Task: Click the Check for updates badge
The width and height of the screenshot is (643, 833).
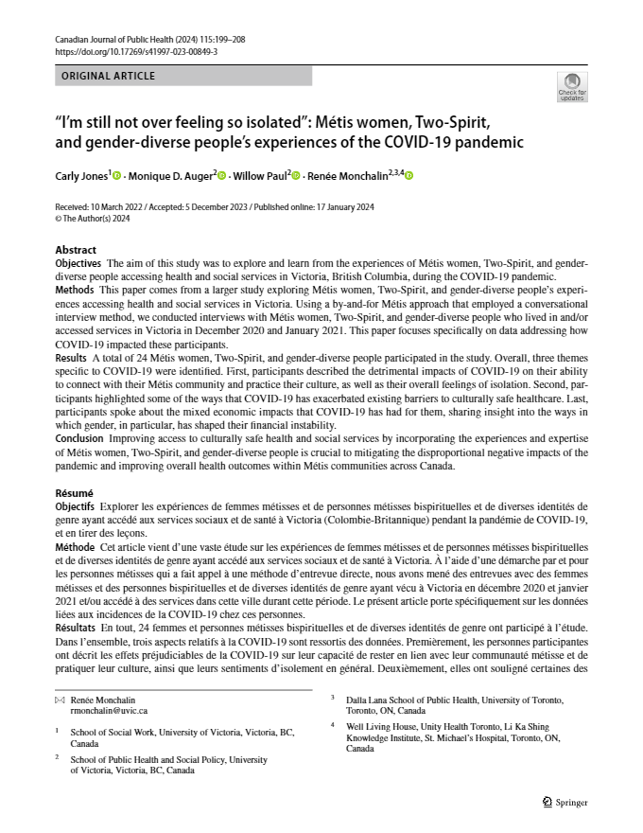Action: click(x=572, y=86)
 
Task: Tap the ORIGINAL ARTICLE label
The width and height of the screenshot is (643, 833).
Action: click(x=107, y=76)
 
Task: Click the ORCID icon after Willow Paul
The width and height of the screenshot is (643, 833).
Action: click(x=296, y=175)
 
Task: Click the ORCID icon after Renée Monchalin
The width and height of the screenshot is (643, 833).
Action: click(x=410, y=175)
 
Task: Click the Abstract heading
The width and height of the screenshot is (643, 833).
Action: click(x=76, y=250)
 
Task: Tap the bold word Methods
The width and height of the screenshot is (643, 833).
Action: click(x=76, y=288)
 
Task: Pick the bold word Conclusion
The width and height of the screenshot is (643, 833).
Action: click(x=80, y=436)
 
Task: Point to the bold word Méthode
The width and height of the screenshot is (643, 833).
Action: click(x=75, y=547)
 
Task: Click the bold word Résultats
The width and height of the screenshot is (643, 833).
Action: click(x=77, y=628)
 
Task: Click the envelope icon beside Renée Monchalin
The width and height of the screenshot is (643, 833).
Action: click(x=61, y=699)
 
